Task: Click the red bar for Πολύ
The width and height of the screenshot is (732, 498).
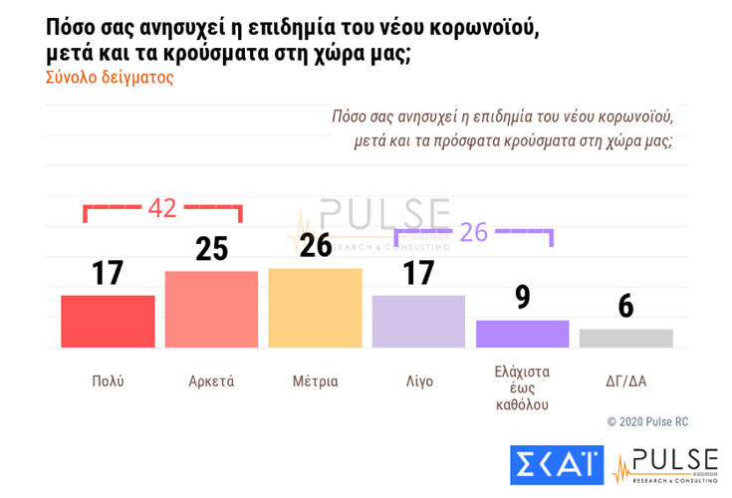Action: coord(108,321)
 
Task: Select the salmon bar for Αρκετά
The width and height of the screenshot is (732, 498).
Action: coord(211,309)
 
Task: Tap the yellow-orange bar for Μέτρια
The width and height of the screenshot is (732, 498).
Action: coord(315,308)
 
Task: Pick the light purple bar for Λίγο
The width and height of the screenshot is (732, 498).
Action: coord(418,321)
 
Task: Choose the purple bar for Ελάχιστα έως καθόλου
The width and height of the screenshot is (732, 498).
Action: coord(522,334)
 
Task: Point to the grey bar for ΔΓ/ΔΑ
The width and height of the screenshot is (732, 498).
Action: coord(625,338)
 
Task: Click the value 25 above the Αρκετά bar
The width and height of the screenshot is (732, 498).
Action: coord(211,249)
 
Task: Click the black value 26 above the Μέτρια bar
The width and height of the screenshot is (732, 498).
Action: coord(315,245)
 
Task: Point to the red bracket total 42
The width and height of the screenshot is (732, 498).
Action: coord(162,208)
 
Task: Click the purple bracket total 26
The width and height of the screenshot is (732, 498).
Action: coord(474,232)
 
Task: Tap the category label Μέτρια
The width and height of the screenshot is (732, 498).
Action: coord(315,381)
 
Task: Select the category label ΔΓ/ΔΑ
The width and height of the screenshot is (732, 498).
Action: coord(625,381)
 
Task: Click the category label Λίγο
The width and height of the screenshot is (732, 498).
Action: coord(418,381)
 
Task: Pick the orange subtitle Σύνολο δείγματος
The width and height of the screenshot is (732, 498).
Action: coord(110,78)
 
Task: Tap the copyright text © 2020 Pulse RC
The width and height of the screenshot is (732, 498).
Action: coord(647,422)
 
